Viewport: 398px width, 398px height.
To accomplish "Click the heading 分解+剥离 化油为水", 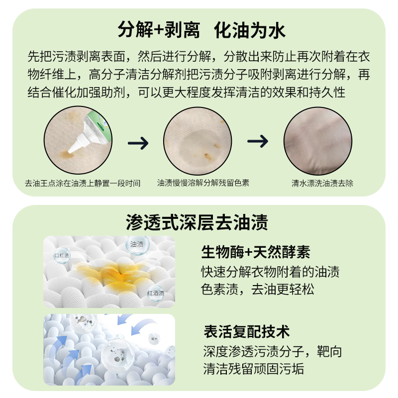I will click(201, 31).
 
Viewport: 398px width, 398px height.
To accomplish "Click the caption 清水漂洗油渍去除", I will click(322, 183).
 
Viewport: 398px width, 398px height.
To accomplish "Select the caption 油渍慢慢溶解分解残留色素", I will click(203, 183).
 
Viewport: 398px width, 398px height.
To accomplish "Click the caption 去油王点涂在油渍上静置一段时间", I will click(83, 183).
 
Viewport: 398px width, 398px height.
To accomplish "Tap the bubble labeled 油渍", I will click(136, 245).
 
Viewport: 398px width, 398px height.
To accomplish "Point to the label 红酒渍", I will click(155, 294).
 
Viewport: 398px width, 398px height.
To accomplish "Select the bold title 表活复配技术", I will click(246, 331).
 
